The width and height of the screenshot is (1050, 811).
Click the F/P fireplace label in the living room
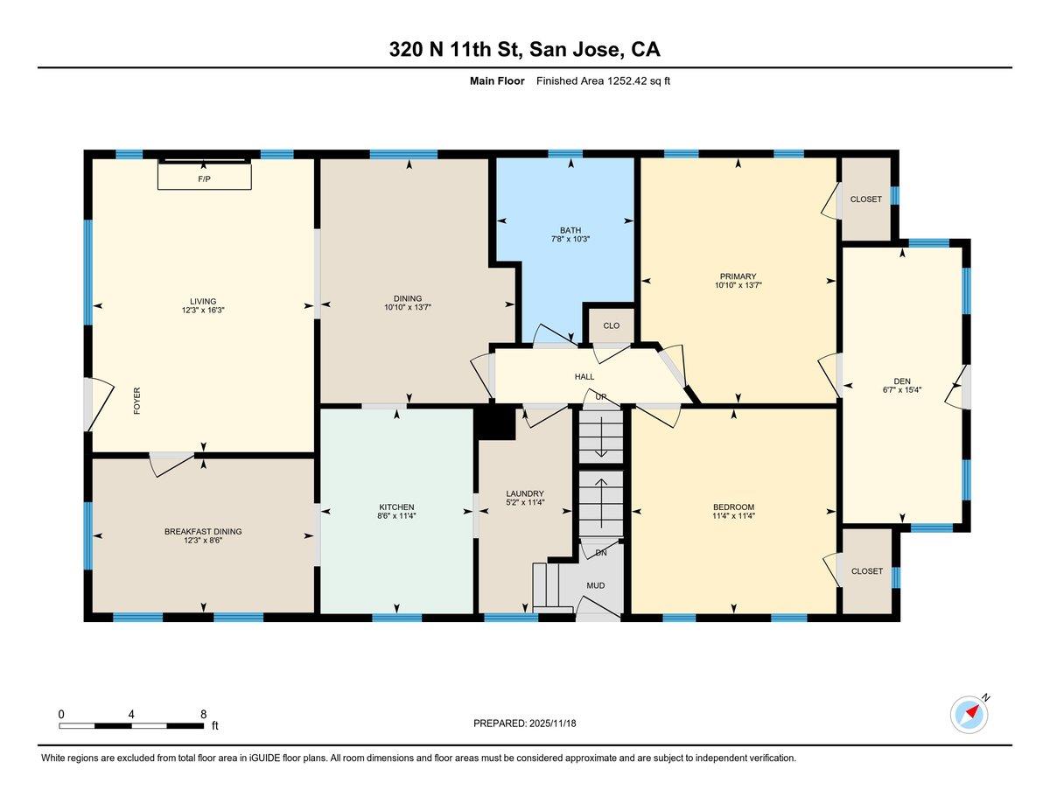pyautogui.click(x=204, y=178)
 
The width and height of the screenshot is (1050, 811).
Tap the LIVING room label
pyautogui.click(x=204, y=301)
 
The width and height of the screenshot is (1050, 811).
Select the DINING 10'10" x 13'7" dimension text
pyautogui.click(x=408, y=307)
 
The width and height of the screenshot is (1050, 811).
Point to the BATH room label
pyautogui.click(x=570, y=230)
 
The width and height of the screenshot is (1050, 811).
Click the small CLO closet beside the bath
pyautogui.click(x=611, y=325)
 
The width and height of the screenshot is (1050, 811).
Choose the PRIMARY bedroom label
pyautogui.click(x=738, y=276)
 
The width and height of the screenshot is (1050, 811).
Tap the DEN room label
pyautogui.click(x=902, y=381)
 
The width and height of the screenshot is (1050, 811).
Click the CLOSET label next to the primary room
pyautogui.click(x=865, y=199)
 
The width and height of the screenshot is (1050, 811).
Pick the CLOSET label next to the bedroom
pyautogui.click(x=865, y=571)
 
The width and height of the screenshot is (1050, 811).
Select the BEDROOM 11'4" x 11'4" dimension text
pyautogui.click(x=733, y=516)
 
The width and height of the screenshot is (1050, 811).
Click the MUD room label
pyautogui.click(x=596, y=585)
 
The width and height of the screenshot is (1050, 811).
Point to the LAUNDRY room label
pyautogui.click(x=525, y=493)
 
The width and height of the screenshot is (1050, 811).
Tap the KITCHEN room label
pyautogui.click(x=396, y=507)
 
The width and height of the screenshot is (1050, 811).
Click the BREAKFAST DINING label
pyautogui.click(x=203, y=531)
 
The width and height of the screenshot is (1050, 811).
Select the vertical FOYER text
pyautogui.click(x=136, y=401)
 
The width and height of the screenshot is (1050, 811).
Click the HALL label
pyautogui.click(x=584, y=377)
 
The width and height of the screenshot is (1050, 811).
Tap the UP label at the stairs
pyautogui.click(x=601, y=397)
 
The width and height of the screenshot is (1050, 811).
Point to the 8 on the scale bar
pyautogui.click(x=203, y=714)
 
